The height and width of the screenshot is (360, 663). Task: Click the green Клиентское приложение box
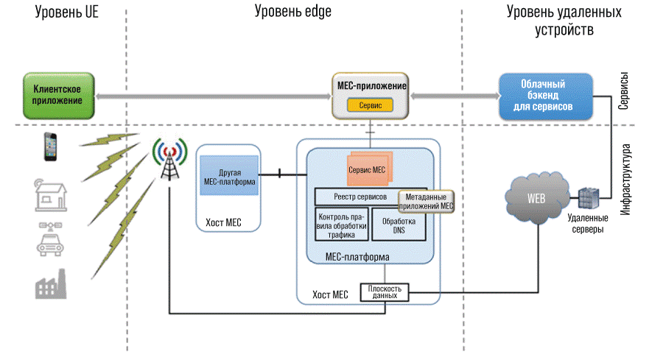58,95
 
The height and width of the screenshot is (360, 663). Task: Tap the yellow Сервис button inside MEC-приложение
370,105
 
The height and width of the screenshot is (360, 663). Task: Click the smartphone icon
50,146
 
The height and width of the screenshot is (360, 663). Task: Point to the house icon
51,195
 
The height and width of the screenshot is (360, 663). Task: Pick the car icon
50,240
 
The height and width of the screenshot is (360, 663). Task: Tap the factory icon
50,283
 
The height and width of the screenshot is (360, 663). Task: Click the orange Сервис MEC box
369,169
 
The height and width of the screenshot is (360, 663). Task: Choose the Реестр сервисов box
357,197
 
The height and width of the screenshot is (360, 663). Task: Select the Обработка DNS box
399,225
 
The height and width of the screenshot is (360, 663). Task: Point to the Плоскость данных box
384,292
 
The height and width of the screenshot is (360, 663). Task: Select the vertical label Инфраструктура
629,180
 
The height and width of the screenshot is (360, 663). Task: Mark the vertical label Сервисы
623,92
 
